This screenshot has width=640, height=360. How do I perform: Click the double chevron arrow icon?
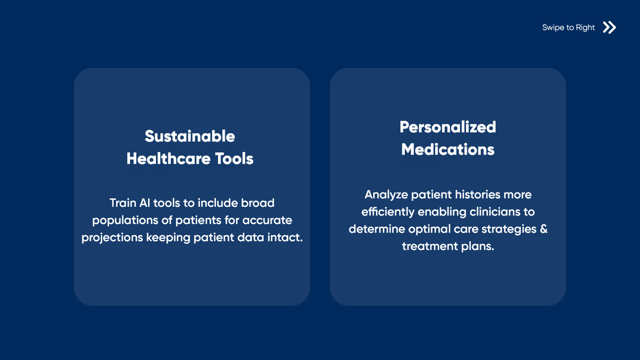click(x=609, y=27)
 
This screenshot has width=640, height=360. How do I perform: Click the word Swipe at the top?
click(x=553, y=28)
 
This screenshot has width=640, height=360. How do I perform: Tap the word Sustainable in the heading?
click(x=190, y=136)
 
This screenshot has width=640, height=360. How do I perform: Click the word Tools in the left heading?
click(x=234, y=158)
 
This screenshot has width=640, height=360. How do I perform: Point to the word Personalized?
click(x=447, y=127)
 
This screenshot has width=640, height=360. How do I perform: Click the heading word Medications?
click(x=447, y=149)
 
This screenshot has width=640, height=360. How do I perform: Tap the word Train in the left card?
click(x=123, y=203)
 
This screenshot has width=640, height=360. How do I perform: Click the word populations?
click(x=125, y=220)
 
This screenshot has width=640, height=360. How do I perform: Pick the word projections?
click(x=111, y=237)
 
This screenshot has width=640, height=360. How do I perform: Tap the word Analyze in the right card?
click(x=386, y=194)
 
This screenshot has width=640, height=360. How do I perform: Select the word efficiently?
click(x=388, y=212)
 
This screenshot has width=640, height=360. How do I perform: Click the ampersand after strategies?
click(x=543, y=229)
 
